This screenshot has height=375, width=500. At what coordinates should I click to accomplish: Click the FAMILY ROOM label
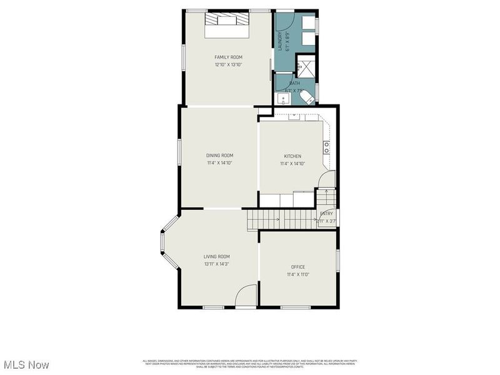[x=228, y=57]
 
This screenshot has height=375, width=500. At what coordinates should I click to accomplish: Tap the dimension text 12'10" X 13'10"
[x=228, y=64]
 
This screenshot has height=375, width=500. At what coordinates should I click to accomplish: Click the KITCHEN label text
[x=292, y=156]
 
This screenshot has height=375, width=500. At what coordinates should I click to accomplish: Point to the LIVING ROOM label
[x=217, y=256]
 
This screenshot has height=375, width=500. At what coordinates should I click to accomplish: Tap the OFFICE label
[x=298, y=267]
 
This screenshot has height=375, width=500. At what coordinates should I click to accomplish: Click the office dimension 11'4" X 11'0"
[x=298, y=274]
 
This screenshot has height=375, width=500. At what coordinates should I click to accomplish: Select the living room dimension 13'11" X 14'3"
[x=217, y=264]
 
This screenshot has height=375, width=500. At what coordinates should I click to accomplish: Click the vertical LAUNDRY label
[x=280, y=41]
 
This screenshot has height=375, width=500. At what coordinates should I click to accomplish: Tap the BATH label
[x=294, y=83]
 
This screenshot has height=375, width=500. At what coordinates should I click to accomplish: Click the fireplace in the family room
[x=228, y=19]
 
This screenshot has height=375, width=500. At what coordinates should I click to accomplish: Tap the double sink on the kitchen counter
[x=326, y=147]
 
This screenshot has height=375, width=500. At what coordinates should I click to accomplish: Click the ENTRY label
[x=326, y=214]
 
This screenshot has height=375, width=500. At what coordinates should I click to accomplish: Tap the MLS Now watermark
[x=26, y=364]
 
